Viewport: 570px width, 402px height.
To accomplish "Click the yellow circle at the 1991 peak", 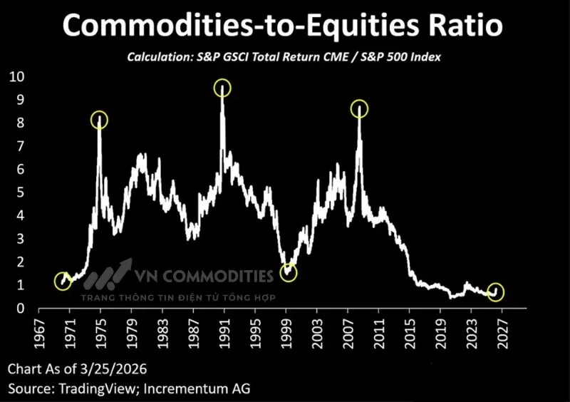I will [x=223, y=88].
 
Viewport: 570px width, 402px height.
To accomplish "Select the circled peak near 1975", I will [x=100, y=120].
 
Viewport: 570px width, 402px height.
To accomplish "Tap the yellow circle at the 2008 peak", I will [x=359, y=109].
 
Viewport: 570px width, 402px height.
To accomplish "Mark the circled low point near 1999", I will [x=288, y=273].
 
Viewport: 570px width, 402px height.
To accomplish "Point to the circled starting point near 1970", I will [x=63, y=280].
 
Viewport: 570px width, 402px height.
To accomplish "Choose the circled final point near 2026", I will [x=496, y=292].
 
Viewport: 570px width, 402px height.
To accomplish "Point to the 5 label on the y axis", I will [x=20, y=192].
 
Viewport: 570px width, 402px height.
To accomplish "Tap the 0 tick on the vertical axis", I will [x=20, y=309].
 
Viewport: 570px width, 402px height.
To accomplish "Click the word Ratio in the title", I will [x=460, y=26].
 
